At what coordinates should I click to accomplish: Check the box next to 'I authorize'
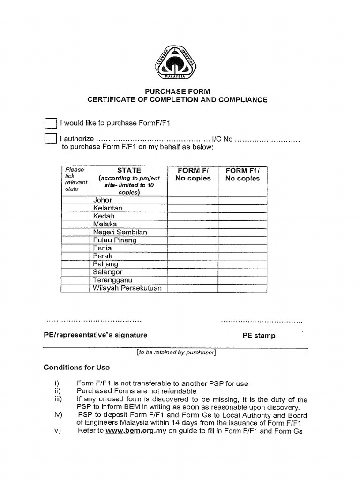click(x=50, y=139)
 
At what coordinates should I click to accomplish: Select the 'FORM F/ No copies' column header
click(x=193, y=174)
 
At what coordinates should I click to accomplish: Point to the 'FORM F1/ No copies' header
click(x=242, y=174)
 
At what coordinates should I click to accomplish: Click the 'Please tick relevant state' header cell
click(x=75, y=179)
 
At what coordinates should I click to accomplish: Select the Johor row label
click(x=103, y=200)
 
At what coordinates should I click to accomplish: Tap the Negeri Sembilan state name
click(x=120, y=232)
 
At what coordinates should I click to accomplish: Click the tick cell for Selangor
click(x=75, y=272)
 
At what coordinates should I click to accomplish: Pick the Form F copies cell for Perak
click(x=193, y=256)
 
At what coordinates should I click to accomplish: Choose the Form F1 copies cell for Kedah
click(x=242, y=216)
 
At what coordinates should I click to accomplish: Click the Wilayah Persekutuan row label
click(x=127, y=288)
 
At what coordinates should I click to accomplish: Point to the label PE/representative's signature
click(x=95, y=335)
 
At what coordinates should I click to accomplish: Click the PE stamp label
click(x=259, y=336)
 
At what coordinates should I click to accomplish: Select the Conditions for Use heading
click(x=77, y=367)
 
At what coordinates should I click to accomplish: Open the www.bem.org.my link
click(x=136, y=431)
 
